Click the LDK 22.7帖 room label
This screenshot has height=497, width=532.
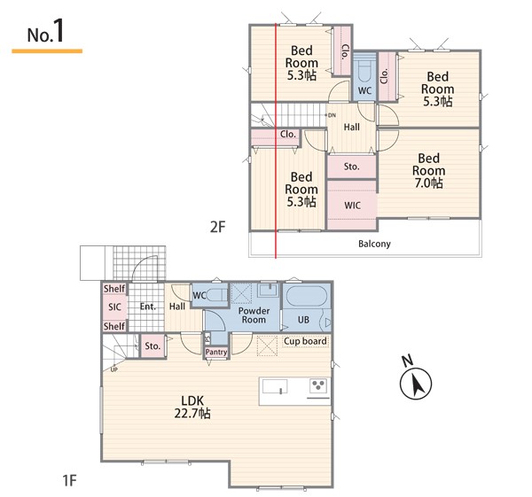[192, 407]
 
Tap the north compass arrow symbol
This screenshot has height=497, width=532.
[416, 383]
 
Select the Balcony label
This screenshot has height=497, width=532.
[374, 244]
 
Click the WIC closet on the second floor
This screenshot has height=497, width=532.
[352, 206]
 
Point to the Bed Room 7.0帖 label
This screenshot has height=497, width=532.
[428, 170]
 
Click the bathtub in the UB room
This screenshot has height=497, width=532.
[307, 297]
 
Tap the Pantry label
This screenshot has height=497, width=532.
[216, 353]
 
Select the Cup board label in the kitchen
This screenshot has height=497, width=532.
[305, 341]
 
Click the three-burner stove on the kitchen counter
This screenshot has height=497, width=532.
[318, 385]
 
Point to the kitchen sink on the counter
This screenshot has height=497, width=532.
[275, 386]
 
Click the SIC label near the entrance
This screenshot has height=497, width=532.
[114, 307]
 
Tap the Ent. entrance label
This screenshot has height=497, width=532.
[148, 307]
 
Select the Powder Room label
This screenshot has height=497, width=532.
[254, 315]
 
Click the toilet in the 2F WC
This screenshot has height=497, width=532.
[364, 72]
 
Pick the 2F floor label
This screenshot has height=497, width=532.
[217, 227]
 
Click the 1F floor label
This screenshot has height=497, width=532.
[69, 480]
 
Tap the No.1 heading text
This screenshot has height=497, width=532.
[45, 32]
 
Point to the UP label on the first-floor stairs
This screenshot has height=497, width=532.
[114, 369]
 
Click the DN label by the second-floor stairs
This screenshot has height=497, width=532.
[332, 115]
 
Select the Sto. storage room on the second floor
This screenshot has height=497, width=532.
[352, 167]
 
